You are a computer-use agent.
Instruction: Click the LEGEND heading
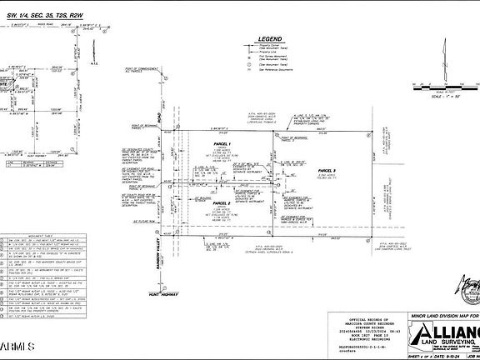pyautogui.click(x=271, y=39)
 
